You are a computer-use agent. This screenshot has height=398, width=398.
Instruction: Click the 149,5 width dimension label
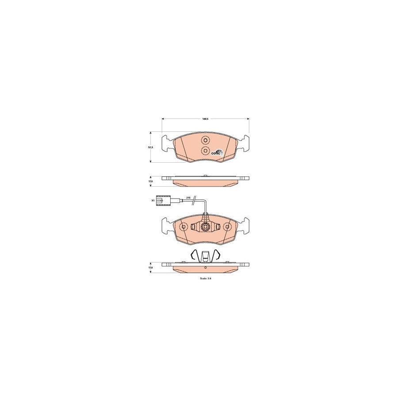(205, 119)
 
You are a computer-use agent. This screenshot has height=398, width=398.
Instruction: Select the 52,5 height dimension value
(150, 147)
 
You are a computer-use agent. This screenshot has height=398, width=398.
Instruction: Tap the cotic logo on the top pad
(217, 153)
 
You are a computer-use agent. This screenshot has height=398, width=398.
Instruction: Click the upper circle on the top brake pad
(205, 141)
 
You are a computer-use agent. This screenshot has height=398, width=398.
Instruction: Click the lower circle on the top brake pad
(205, 151)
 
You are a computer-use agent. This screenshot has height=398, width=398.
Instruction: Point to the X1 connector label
(153, 201)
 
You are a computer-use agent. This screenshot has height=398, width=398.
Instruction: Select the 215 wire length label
(188, 197)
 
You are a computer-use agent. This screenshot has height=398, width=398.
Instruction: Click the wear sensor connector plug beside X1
(162, 201)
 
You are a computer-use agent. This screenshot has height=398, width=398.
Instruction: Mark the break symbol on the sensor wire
(193, 202)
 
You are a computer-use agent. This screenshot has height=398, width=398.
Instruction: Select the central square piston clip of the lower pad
(205, 228)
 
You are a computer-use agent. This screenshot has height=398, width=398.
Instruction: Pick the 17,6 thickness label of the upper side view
(150, 181)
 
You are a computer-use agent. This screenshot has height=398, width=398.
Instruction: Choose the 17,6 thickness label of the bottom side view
(150, 268)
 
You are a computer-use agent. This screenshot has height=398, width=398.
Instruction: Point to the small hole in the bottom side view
(205, 268)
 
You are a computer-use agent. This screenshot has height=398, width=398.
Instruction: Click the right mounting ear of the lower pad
(244, 226)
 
